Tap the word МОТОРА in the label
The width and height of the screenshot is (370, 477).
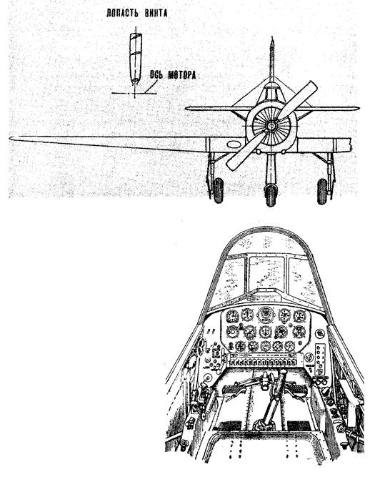[181, 75]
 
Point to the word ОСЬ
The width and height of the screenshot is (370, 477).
[156, 75]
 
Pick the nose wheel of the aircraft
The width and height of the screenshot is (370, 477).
[271, 194]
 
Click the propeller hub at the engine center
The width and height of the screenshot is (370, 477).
[271, 125]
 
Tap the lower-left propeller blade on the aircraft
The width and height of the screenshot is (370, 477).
[245, 151]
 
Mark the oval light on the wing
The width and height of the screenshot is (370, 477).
[234, 144]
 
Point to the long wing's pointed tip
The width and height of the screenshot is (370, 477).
[10, 139]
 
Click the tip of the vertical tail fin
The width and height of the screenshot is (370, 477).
[272, 38]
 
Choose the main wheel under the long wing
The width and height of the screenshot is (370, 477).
[219, 191]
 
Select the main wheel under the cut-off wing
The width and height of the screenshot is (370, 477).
[322, 192]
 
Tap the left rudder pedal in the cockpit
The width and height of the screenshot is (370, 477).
[233, 390]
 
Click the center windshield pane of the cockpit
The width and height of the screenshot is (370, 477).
[266, 272]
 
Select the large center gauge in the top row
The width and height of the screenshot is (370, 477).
[266, 315]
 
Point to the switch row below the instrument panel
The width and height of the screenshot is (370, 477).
[262, 362]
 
